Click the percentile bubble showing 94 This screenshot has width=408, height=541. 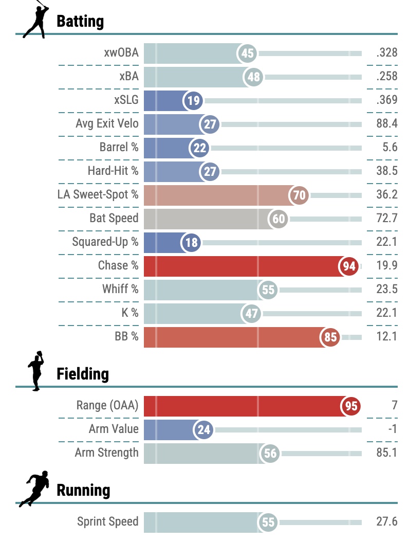click(x=349, y=266)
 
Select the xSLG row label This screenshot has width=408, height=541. click(x=126, y=100)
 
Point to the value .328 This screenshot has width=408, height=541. click(x=386, y=53)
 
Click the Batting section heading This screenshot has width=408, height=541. click(x=80, y=22)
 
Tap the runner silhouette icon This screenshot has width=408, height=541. click(x=35, y=489)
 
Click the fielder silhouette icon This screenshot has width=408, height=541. click(x=35, y=371)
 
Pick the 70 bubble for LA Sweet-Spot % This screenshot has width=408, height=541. click(x=299, y=195)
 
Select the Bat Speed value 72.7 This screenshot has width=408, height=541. click(x=386, y=219)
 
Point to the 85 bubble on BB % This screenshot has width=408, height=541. click(x=330, y=337)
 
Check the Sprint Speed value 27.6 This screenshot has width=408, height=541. click(x=386, y=522)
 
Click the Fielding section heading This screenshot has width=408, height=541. click(x=83, y=374)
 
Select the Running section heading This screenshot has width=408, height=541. click(x=83, y=490)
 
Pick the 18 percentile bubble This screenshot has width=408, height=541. click(x=192, y=243)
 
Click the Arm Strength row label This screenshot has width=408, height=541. click(x=107, y=453)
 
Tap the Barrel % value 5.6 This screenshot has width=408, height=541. click(x=390, y=148)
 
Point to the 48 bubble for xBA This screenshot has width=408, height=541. click(x=253, y=77)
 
